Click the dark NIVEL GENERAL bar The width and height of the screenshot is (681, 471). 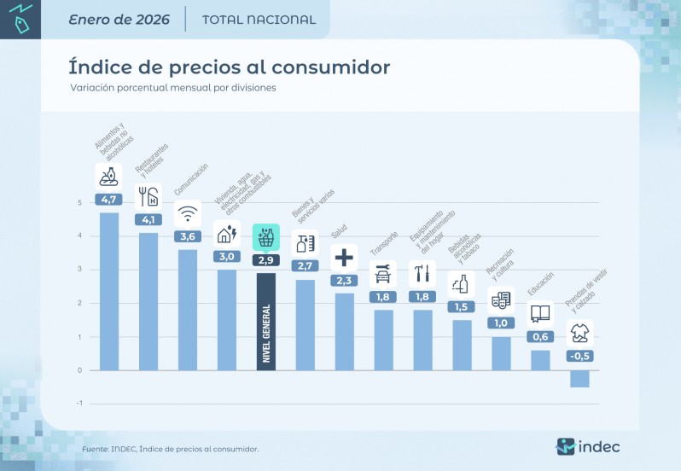266,322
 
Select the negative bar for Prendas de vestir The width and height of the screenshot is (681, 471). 579,379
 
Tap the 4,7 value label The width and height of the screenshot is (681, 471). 109,200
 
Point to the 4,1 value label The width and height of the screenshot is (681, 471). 148,219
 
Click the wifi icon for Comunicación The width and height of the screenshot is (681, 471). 188,213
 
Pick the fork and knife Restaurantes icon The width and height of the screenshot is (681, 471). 148,196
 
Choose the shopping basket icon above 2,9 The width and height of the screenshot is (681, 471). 266,236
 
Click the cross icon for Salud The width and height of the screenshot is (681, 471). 344,256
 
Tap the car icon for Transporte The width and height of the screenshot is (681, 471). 383,274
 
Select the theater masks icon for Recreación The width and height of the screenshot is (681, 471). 501,299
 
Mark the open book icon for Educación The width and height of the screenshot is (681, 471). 540,313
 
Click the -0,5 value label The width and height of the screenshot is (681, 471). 579,356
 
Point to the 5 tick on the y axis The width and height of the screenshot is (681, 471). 79,203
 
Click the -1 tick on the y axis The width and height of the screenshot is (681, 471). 79,404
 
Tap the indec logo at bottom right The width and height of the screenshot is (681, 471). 588,446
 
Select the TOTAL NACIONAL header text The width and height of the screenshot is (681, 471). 259,20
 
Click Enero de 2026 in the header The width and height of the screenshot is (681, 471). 119,20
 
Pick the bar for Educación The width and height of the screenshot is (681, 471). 540,360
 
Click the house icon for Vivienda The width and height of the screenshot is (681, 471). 227,233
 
